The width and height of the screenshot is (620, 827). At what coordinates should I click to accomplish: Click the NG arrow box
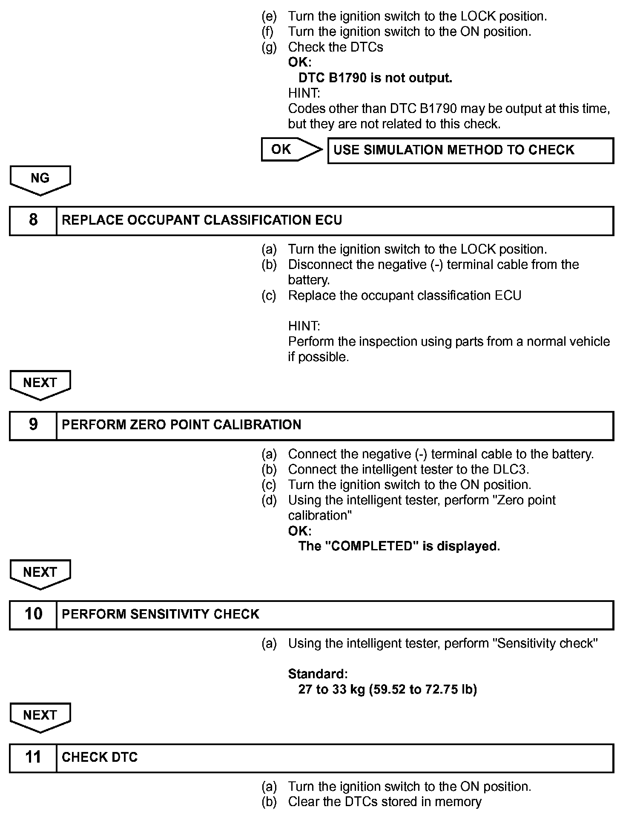point(40,179)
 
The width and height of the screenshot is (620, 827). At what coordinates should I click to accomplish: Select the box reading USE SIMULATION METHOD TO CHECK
point(470,150)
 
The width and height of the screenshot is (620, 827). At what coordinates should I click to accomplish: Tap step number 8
point(33,220)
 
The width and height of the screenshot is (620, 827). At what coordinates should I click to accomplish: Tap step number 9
point(33,425)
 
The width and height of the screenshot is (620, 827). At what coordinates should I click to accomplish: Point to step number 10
point(33,614)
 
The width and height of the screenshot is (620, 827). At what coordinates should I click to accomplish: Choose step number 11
point(33,758)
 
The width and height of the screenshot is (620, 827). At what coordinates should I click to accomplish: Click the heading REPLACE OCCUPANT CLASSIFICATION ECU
point(202,220)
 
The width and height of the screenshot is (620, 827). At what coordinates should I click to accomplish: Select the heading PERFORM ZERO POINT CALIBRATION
point(181,425)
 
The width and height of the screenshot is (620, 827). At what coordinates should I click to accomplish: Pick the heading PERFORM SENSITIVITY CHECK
point(161,614)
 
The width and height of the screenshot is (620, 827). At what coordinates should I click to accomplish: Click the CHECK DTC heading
point(100,758)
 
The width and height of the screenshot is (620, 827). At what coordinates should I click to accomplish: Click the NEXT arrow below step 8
point(40,384)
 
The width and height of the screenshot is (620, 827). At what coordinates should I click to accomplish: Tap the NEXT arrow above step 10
point(40,573)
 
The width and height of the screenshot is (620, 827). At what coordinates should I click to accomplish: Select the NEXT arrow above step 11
point(40,716)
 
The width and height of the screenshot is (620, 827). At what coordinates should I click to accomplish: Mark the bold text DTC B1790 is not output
point(375,78)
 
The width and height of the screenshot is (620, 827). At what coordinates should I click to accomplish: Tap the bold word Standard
point(317,674)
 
